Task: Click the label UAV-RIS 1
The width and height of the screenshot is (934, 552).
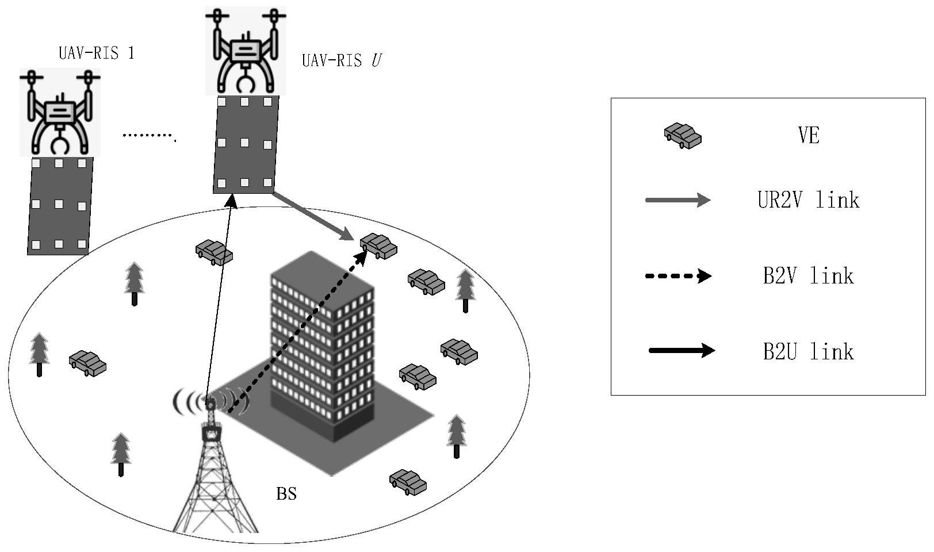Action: click(96, 53)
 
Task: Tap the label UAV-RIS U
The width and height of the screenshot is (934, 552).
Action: click(341, 60)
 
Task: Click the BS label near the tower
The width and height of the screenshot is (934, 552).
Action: click(286, 494)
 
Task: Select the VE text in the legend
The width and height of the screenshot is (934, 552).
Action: click(808, 136)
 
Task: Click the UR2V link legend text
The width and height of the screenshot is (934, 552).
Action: click(808, 200)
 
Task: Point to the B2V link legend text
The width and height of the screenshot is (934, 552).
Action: click(808, 276)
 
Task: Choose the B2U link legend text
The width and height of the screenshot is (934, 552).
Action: click(808, 351)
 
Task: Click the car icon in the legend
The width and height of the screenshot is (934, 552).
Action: click(683, 136)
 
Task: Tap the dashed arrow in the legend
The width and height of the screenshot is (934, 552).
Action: click(678, 277)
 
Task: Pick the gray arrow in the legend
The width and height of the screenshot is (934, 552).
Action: click(678, 200)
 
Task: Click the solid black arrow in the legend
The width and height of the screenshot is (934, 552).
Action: click(682, 350)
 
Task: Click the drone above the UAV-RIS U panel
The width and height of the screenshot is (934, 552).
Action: click(246, 51)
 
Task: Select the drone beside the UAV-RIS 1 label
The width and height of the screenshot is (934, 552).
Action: click(60, 112)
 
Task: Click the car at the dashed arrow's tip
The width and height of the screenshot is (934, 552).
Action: click(378, 246)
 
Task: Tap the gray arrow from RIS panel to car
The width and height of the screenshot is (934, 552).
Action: click(312, 216)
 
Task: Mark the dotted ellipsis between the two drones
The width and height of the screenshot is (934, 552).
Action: click(149, 136)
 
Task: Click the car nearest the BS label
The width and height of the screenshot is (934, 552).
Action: click(408, 482)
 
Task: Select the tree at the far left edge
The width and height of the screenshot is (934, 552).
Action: click(39, 353)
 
